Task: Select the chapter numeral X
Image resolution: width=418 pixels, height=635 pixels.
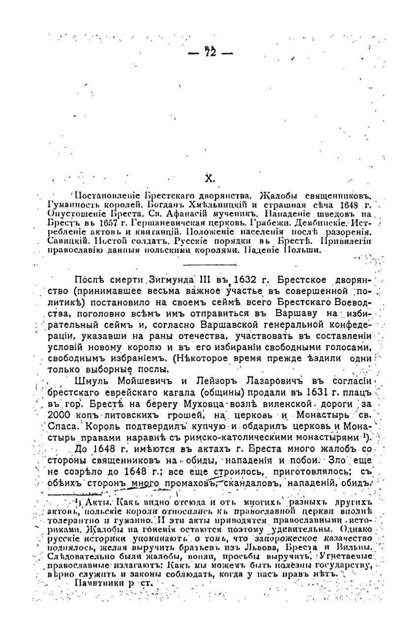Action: click(209, 179)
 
